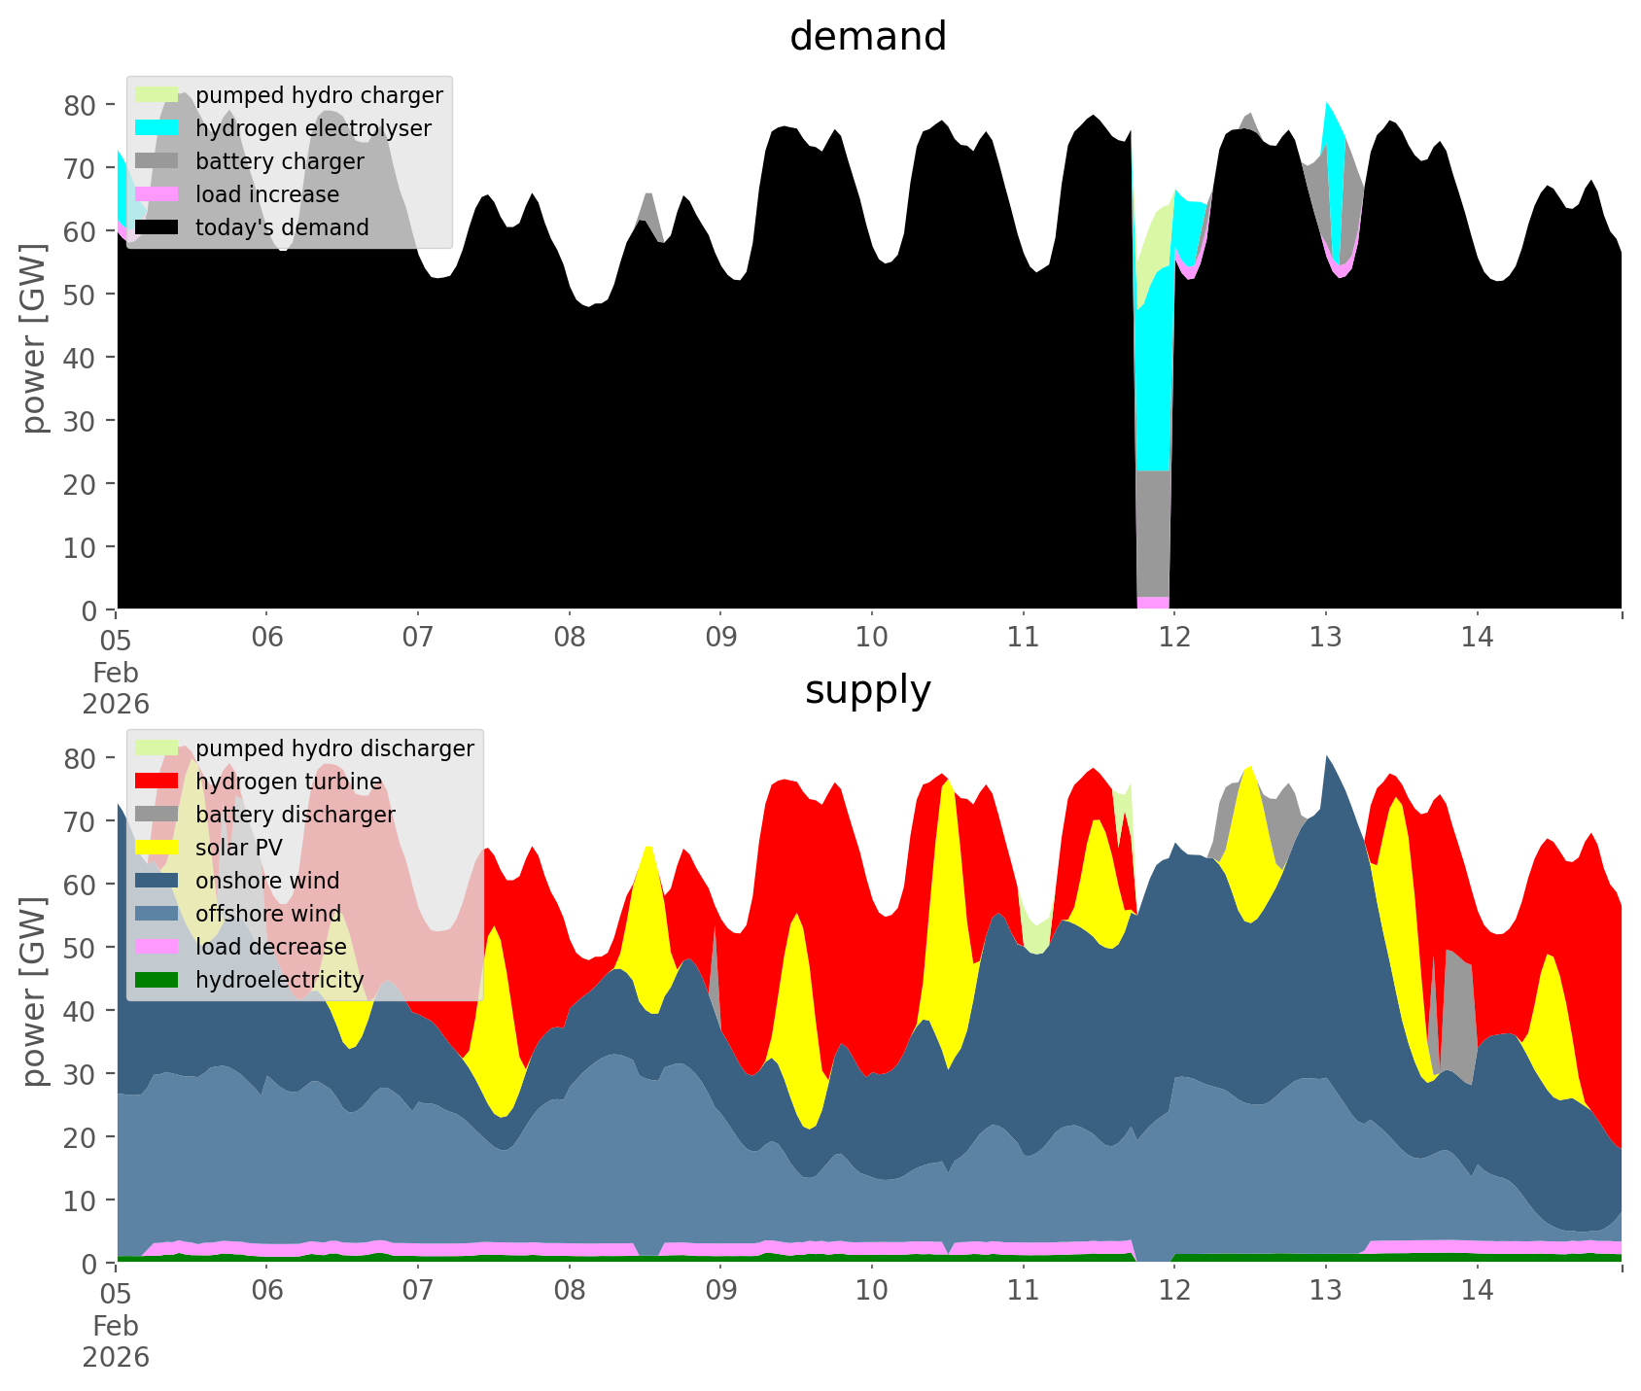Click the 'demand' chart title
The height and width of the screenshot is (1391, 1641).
click(x=867, y=37)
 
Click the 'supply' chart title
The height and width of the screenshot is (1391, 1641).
click(x=867, y=690)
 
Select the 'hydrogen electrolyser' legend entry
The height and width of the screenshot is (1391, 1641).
click(x=313, y=128)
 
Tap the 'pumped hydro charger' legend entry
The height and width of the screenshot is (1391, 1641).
click(x=319, y=95)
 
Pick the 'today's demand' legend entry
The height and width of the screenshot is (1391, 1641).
click(x=282, y=227)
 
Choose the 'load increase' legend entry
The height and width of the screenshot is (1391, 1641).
click(x=267, y=194)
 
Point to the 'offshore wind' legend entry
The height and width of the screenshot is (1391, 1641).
click(x=267, y=914)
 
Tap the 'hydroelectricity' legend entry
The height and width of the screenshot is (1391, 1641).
click(x=279, y=980)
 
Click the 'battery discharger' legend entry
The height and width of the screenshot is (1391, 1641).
click(x=295, y=815)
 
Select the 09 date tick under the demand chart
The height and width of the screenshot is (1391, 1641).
click(x=720, y=638)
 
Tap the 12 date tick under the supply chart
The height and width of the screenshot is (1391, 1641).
click(x=1174, y=1291)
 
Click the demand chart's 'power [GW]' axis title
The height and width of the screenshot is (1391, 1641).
click(x=35, y=338)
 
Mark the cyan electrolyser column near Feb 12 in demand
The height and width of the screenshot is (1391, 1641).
click(x=1153, y=389)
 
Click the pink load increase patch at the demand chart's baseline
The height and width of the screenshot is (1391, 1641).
click(x=1153, y=603)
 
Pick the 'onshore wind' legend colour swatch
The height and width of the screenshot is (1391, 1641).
click(x=157, y=881)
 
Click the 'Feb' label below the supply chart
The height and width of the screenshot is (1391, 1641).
click(x=116, y=1326)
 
